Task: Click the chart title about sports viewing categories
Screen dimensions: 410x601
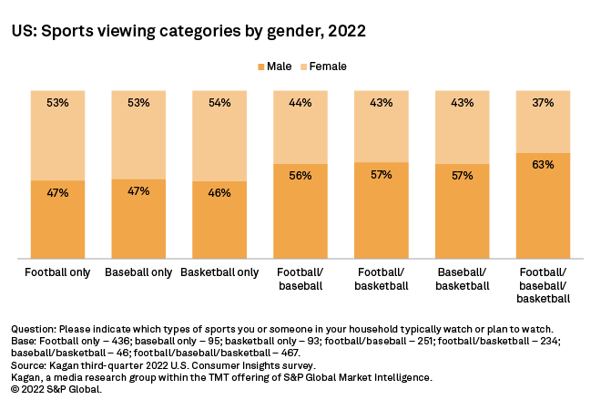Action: coord(188,31)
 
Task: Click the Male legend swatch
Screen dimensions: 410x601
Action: coord(261,67)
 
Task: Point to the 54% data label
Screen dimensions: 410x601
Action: coord(219,103)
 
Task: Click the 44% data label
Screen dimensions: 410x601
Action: coord(300,103)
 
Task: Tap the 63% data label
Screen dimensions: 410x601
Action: coord(544,166)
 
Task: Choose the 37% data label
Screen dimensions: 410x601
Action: coord(544,103)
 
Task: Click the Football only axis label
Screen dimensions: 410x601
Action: coord(57,272)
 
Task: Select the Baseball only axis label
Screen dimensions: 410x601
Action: coord(138,272)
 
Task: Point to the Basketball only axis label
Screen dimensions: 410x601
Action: coord(219,272)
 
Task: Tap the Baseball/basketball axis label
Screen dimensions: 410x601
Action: coord(463,279)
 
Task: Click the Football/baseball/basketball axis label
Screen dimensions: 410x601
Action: coord(544,285)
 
